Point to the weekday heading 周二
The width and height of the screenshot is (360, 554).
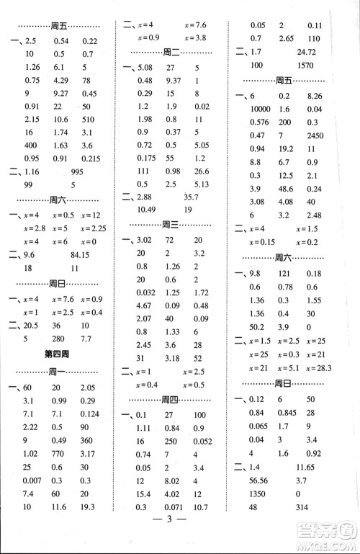171,52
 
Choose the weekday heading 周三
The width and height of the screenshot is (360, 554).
171,224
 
